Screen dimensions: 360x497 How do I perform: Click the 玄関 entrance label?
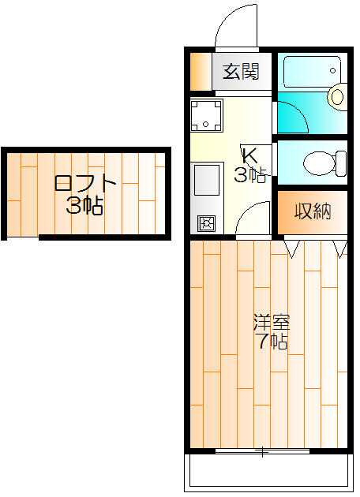tap(241, 72)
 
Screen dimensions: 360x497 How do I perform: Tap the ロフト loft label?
tap(84, 183)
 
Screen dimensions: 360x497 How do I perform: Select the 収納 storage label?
tap(313, 211)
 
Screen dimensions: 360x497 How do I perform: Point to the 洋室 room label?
tap(272, 323)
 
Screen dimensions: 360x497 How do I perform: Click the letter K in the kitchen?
tap(249, 155)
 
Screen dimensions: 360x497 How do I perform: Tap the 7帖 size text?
tap(272, 342)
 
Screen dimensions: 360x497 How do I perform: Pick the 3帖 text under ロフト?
tap(84, 206)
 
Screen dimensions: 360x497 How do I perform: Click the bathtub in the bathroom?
tap(312, 72)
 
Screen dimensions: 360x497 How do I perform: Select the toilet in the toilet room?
tap(324, 163)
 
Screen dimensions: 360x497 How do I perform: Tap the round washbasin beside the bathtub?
tap(337, 97)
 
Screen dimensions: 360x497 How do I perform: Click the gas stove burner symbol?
tap(207, 223)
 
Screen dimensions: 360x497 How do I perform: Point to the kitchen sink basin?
tap(207, 180)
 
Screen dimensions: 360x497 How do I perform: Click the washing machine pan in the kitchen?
tap(206, 116)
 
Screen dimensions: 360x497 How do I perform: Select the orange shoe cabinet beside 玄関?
tap(201, 72)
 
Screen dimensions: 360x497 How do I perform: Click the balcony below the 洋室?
tap(268, 472)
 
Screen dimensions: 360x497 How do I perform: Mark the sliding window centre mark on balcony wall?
tap(262, 451)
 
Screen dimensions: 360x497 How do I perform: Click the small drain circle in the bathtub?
tap(332, 70)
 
